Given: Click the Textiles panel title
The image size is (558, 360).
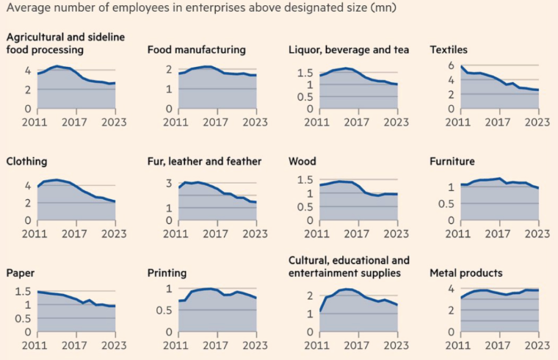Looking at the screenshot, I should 449,50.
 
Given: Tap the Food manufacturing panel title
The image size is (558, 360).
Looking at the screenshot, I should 196,50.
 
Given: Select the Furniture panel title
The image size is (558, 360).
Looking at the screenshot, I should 453,161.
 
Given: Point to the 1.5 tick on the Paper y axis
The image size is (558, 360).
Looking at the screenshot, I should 22,292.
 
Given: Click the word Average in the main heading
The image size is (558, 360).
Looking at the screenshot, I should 26,8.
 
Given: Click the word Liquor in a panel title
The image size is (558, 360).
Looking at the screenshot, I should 305,50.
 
